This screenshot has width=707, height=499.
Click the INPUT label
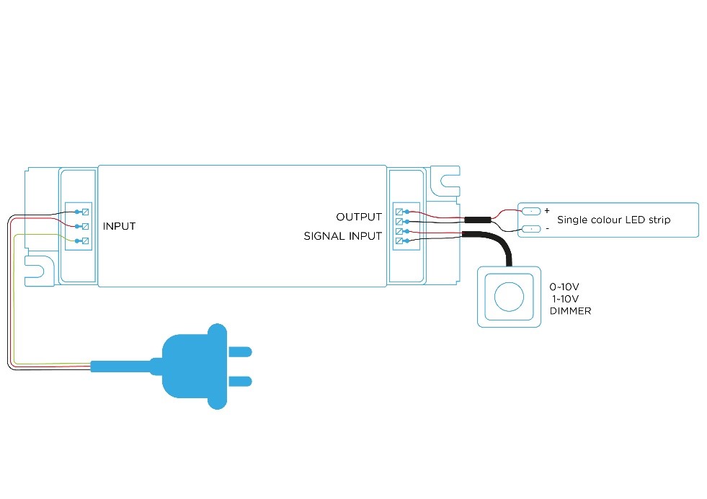coord(119,226)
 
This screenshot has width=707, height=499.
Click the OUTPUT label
coord(359,217)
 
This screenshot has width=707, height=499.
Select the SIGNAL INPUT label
coord(342,236)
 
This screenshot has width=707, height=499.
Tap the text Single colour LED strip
coord(613,220)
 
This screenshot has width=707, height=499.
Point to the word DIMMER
coord(570,311)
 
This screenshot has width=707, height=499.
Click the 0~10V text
coord(564,287)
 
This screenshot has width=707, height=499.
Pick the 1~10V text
coord(566,299)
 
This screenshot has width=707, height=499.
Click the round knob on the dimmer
coord(509,297)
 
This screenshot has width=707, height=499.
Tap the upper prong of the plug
coord(240,351)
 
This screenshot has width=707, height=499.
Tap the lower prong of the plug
coord(240,382)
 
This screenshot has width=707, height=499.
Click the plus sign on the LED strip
coord(547,210)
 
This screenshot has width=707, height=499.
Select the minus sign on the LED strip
coord(548,229)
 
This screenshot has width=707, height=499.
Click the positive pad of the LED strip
coord(531,211)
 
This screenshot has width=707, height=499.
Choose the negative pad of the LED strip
coord(531,229)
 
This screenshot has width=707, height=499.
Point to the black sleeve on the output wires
coord(478,220)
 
